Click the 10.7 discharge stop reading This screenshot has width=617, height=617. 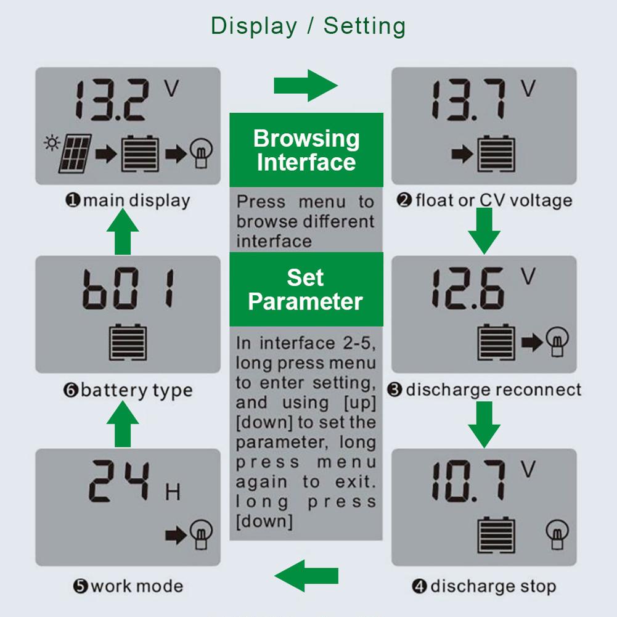coord(468,482)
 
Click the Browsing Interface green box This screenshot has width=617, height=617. coord(306,150)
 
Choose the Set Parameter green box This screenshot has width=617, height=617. coord(306,290)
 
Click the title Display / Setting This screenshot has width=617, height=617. coord(308,26)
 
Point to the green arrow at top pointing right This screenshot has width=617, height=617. coord(306,85)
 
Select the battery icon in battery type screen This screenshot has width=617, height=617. coord(128,343)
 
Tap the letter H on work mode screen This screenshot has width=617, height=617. coord(173,493)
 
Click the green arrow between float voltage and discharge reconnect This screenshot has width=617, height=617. coord(484,230)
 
